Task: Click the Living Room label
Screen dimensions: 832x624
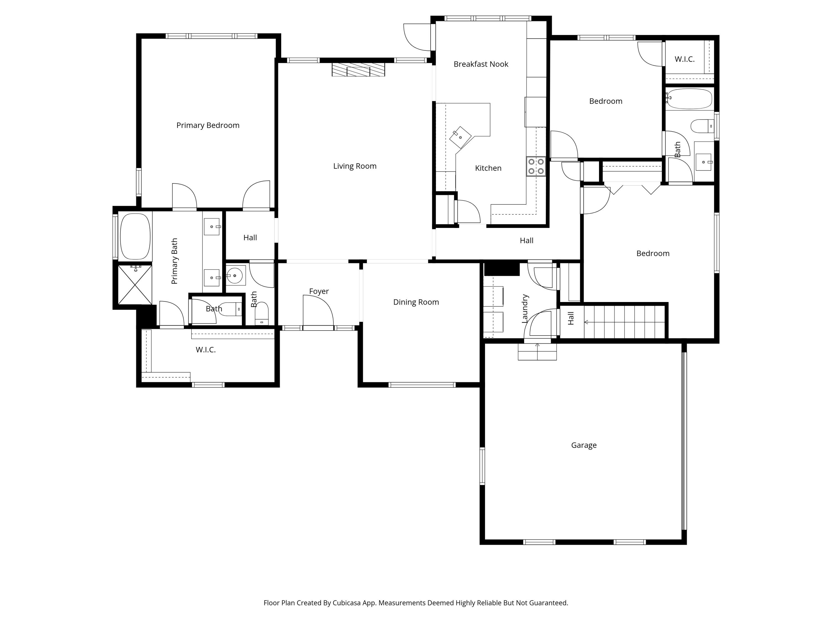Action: (355, 166)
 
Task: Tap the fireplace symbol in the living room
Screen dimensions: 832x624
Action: (358, 70)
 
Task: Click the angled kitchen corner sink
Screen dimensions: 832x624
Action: (460, 137)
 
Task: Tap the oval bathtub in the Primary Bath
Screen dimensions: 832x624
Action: (135, 237)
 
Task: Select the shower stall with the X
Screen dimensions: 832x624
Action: (135, 285)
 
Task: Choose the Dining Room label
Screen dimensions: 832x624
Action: (416, 302)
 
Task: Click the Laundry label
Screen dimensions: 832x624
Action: (525, 309)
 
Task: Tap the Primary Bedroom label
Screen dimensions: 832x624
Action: (208, 125)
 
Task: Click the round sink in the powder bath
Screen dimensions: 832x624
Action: (235, 276)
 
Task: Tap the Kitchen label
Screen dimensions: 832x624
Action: (488, 168)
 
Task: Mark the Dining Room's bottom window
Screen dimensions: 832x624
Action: (422, 385)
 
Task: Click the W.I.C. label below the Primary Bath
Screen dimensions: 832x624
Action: (206, 350)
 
